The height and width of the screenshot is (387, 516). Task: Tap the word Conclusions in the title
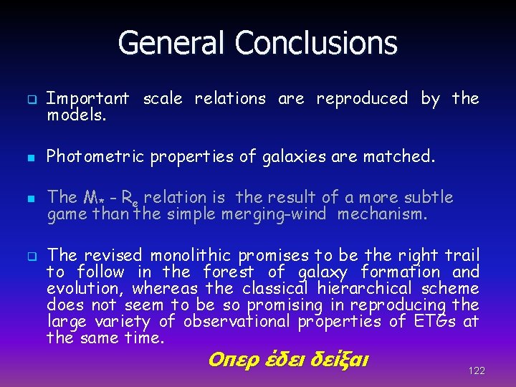(315, 43)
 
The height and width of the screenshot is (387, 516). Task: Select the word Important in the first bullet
(87, 98)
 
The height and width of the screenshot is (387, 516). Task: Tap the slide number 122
(476, 371)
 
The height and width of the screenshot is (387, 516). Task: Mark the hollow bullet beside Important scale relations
(32, 99)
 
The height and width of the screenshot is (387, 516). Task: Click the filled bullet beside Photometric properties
(32, 157)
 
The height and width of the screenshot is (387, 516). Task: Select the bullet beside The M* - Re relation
(32, 198)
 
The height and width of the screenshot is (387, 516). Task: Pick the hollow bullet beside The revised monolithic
(32, 256)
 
